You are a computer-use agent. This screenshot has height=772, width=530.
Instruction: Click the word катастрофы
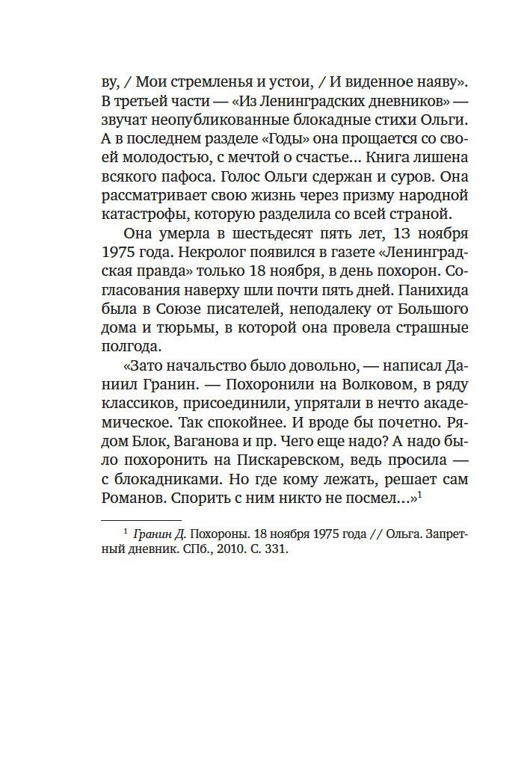[151, 217]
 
